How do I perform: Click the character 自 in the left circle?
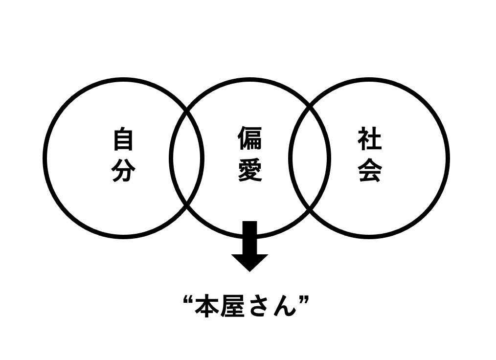[x=123, y=139]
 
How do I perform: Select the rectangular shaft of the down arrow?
[x=250, y=238]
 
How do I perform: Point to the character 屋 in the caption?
[x=232, y=307]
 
